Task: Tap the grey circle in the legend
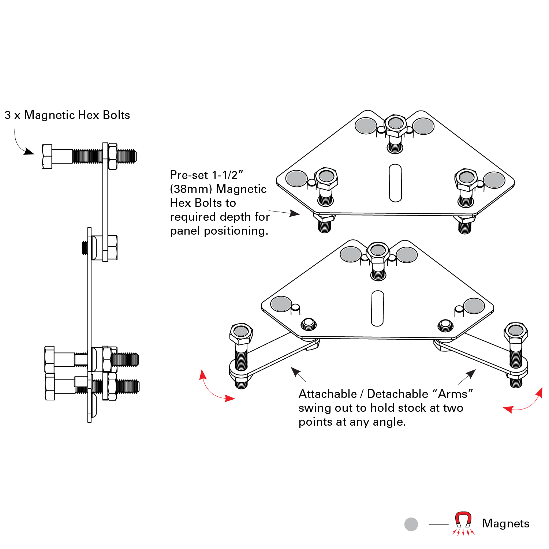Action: (x=411, y=524)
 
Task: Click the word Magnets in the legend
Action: (x=506, y=523)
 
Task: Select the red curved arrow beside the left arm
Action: (x=214, y=389)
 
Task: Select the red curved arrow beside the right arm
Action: (x=525, y=402)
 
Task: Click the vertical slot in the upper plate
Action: (x=395, y=183)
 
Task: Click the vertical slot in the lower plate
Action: (x=377, y=308)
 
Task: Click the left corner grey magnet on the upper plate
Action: (x=296, y=179)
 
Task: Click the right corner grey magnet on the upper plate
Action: (x=494, y=180)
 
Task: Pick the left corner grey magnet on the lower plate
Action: (x=281, y=304)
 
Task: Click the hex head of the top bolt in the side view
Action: (x=47, y=157)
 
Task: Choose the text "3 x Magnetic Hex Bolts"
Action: (x=67, y=115)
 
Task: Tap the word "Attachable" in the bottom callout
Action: (x=328, y=394)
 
